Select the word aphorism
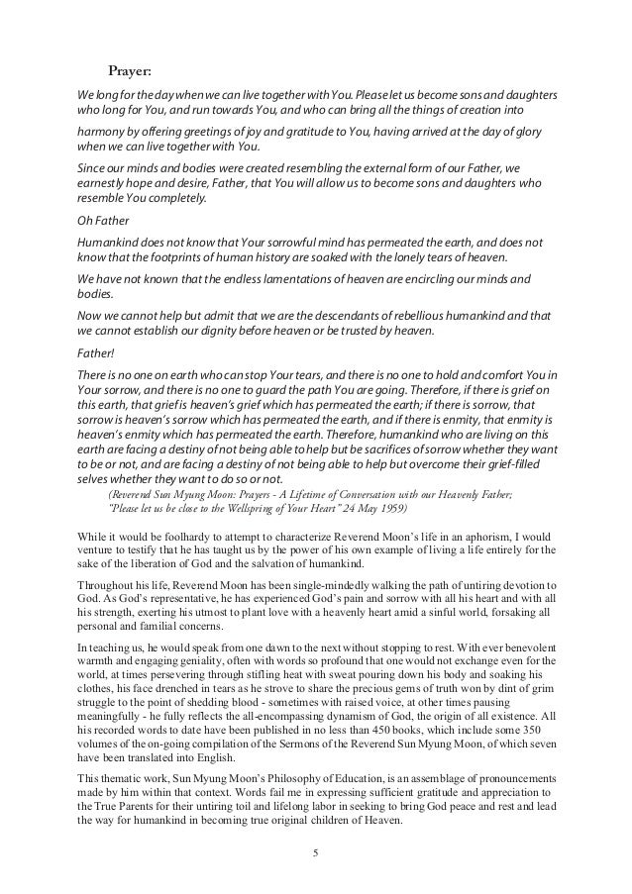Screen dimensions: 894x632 click(x=503, y=536)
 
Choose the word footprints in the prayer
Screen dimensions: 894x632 click(x=178, y=255)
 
